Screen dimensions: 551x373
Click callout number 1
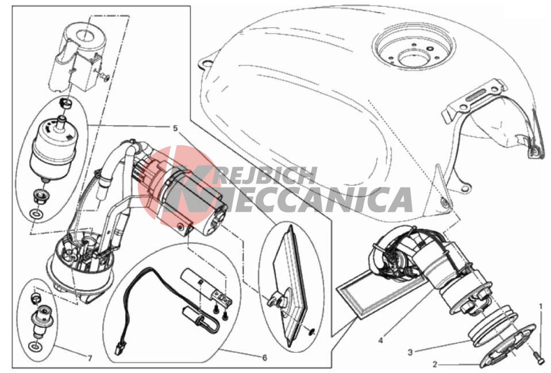(x=541, y=307)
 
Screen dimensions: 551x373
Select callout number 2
(x=435, y=364)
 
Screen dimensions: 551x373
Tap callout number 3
(x=410, y=352)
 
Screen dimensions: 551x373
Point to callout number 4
(x=381, y=340)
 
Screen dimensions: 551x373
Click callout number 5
(x=175, y=129)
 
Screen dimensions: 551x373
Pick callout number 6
(x=265, y=358)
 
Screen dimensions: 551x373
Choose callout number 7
(x=90, y=358)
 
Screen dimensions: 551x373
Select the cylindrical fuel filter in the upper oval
(x=53, y=147)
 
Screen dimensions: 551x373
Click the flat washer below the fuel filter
(x=36, y=213)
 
